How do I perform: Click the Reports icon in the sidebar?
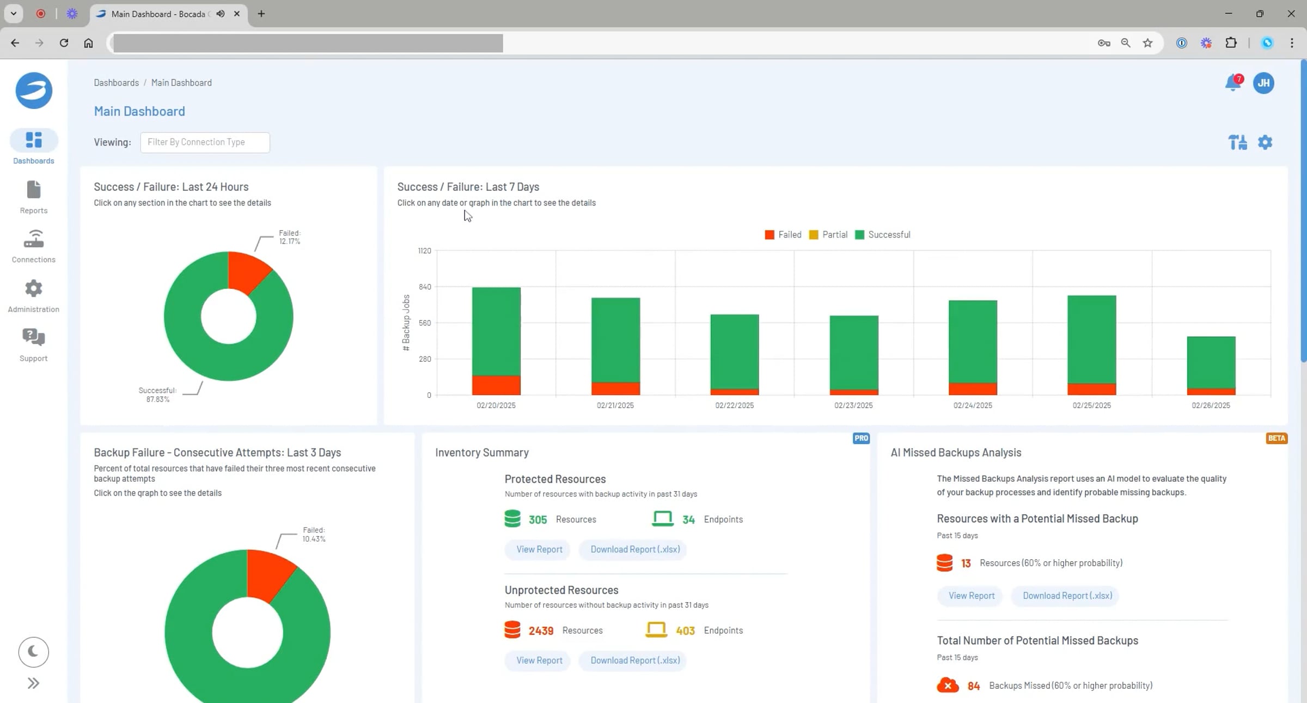point(33,190)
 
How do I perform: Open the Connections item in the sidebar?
point(33,239)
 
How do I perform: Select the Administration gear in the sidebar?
point(33,289)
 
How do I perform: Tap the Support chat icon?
point(33,338)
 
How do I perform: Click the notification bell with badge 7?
point(1232,83)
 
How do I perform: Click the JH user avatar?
point(1263,83)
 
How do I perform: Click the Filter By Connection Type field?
point(205,142)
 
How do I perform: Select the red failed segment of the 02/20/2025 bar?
point(496,385)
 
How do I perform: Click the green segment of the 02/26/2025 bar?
point(1211,362)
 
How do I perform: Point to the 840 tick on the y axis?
point(424,287)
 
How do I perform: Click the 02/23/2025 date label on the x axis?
point(853,405)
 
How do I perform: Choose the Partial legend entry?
point(828,235)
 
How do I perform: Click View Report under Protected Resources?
point(539,549)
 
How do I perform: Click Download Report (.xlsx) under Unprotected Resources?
point(635,660)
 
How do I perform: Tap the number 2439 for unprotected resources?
point(541,631)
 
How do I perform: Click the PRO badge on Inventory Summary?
point(861,438)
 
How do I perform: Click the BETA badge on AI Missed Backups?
point(1277,438)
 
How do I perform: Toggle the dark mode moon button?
point(33,652)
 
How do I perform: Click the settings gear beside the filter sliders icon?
point(1265,142)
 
